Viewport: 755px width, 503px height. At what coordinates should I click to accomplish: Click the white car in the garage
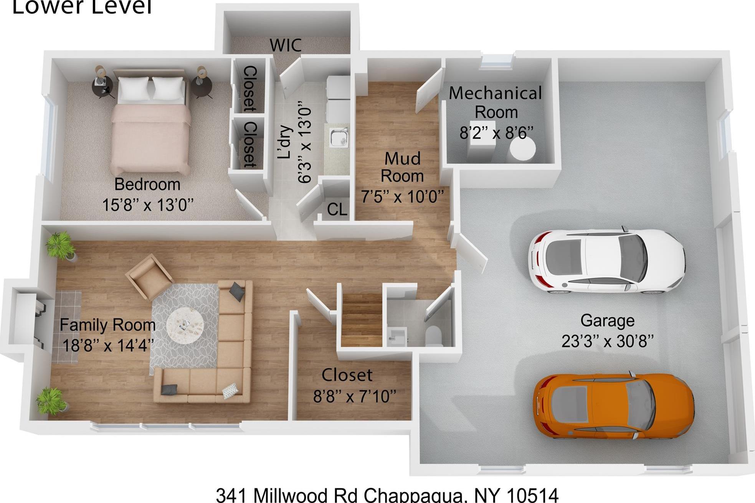[x=606, y=262]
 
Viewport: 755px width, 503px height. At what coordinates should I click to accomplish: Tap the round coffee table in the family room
[x=185, y=325]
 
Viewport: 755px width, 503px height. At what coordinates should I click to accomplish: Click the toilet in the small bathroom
[x=434, y=336]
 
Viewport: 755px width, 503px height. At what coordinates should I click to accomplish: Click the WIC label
[x=285, y=45]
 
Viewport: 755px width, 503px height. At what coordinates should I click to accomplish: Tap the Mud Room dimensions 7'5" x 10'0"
[x=402, y=196]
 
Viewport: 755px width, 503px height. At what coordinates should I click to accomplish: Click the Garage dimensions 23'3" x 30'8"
[x=607, y=341]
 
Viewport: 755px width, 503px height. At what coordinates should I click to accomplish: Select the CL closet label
[x=337, y=209]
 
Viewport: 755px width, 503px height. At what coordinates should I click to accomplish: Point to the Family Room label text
[x=107, y=325]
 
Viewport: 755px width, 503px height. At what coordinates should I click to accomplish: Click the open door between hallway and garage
[x=470, y=253]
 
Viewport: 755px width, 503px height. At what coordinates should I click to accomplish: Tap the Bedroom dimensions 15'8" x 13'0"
[x=148, y=205]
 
